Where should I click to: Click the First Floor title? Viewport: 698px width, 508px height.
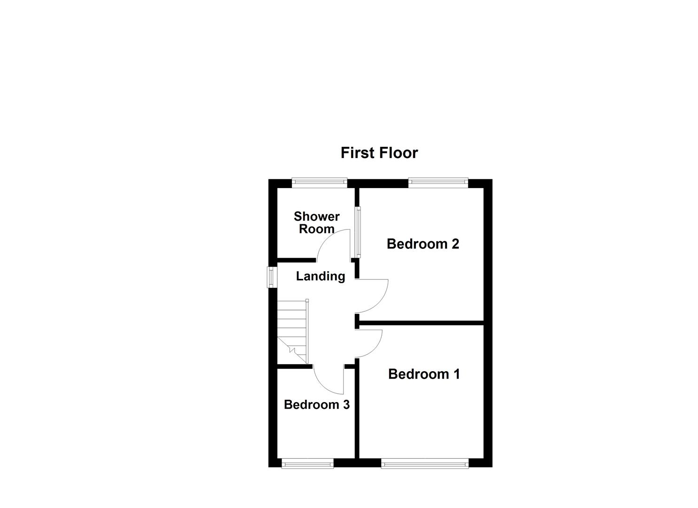(379, 153)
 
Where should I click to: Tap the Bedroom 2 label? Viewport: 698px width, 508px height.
(423, 244)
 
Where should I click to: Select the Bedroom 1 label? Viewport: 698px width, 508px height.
(424, 374)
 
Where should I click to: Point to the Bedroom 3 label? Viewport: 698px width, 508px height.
(316, 405)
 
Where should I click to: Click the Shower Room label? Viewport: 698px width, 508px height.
(316, 222)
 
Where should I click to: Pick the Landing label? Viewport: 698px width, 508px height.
(321, 276)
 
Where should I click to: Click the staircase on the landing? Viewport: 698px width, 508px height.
(292, 332)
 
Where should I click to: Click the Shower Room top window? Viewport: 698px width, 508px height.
(319, 183)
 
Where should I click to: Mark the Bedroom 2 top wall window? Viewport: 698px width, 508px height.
(438, 183)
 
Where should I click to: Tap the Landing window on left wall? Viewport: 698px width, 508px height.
(272, 277)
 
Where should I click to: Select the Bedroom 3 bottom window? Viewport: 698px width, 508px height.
(307, 464)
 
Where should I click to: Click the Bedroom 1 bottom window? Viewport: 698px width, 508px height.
(425, 464)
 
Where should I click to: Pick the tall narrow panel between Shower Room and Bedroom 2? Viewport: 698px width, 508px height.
(358, 232)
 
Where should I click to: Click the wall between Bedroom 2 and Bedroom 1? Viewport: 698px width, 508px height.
(421, 323)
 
